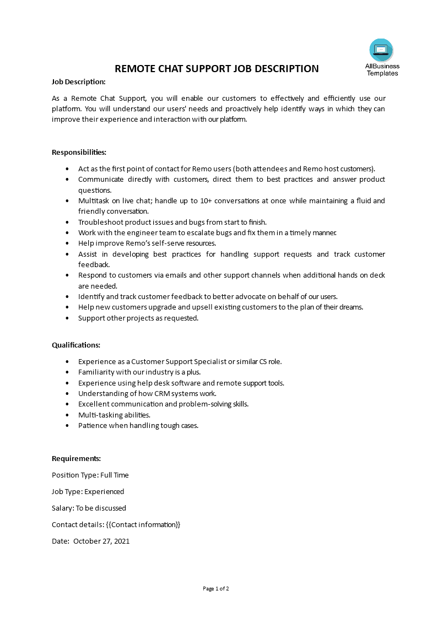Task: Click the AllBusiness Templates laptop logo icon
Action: pos(381,50)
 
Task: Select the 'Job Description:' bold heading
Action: pos(78,82)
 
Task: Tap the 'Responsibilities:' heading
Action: pos(79,152)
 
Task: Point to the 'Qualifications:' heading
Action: pos(76,345)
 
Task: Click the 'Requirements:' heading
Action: pos(76,458)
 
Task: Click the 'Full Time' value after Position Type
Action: pos(115,475)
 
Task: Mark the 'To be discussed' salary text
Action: pos(101,508)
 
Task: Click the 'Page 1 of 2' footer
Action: pos(216,588)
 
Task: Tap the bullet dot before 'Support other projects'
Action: pos(67,318)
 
